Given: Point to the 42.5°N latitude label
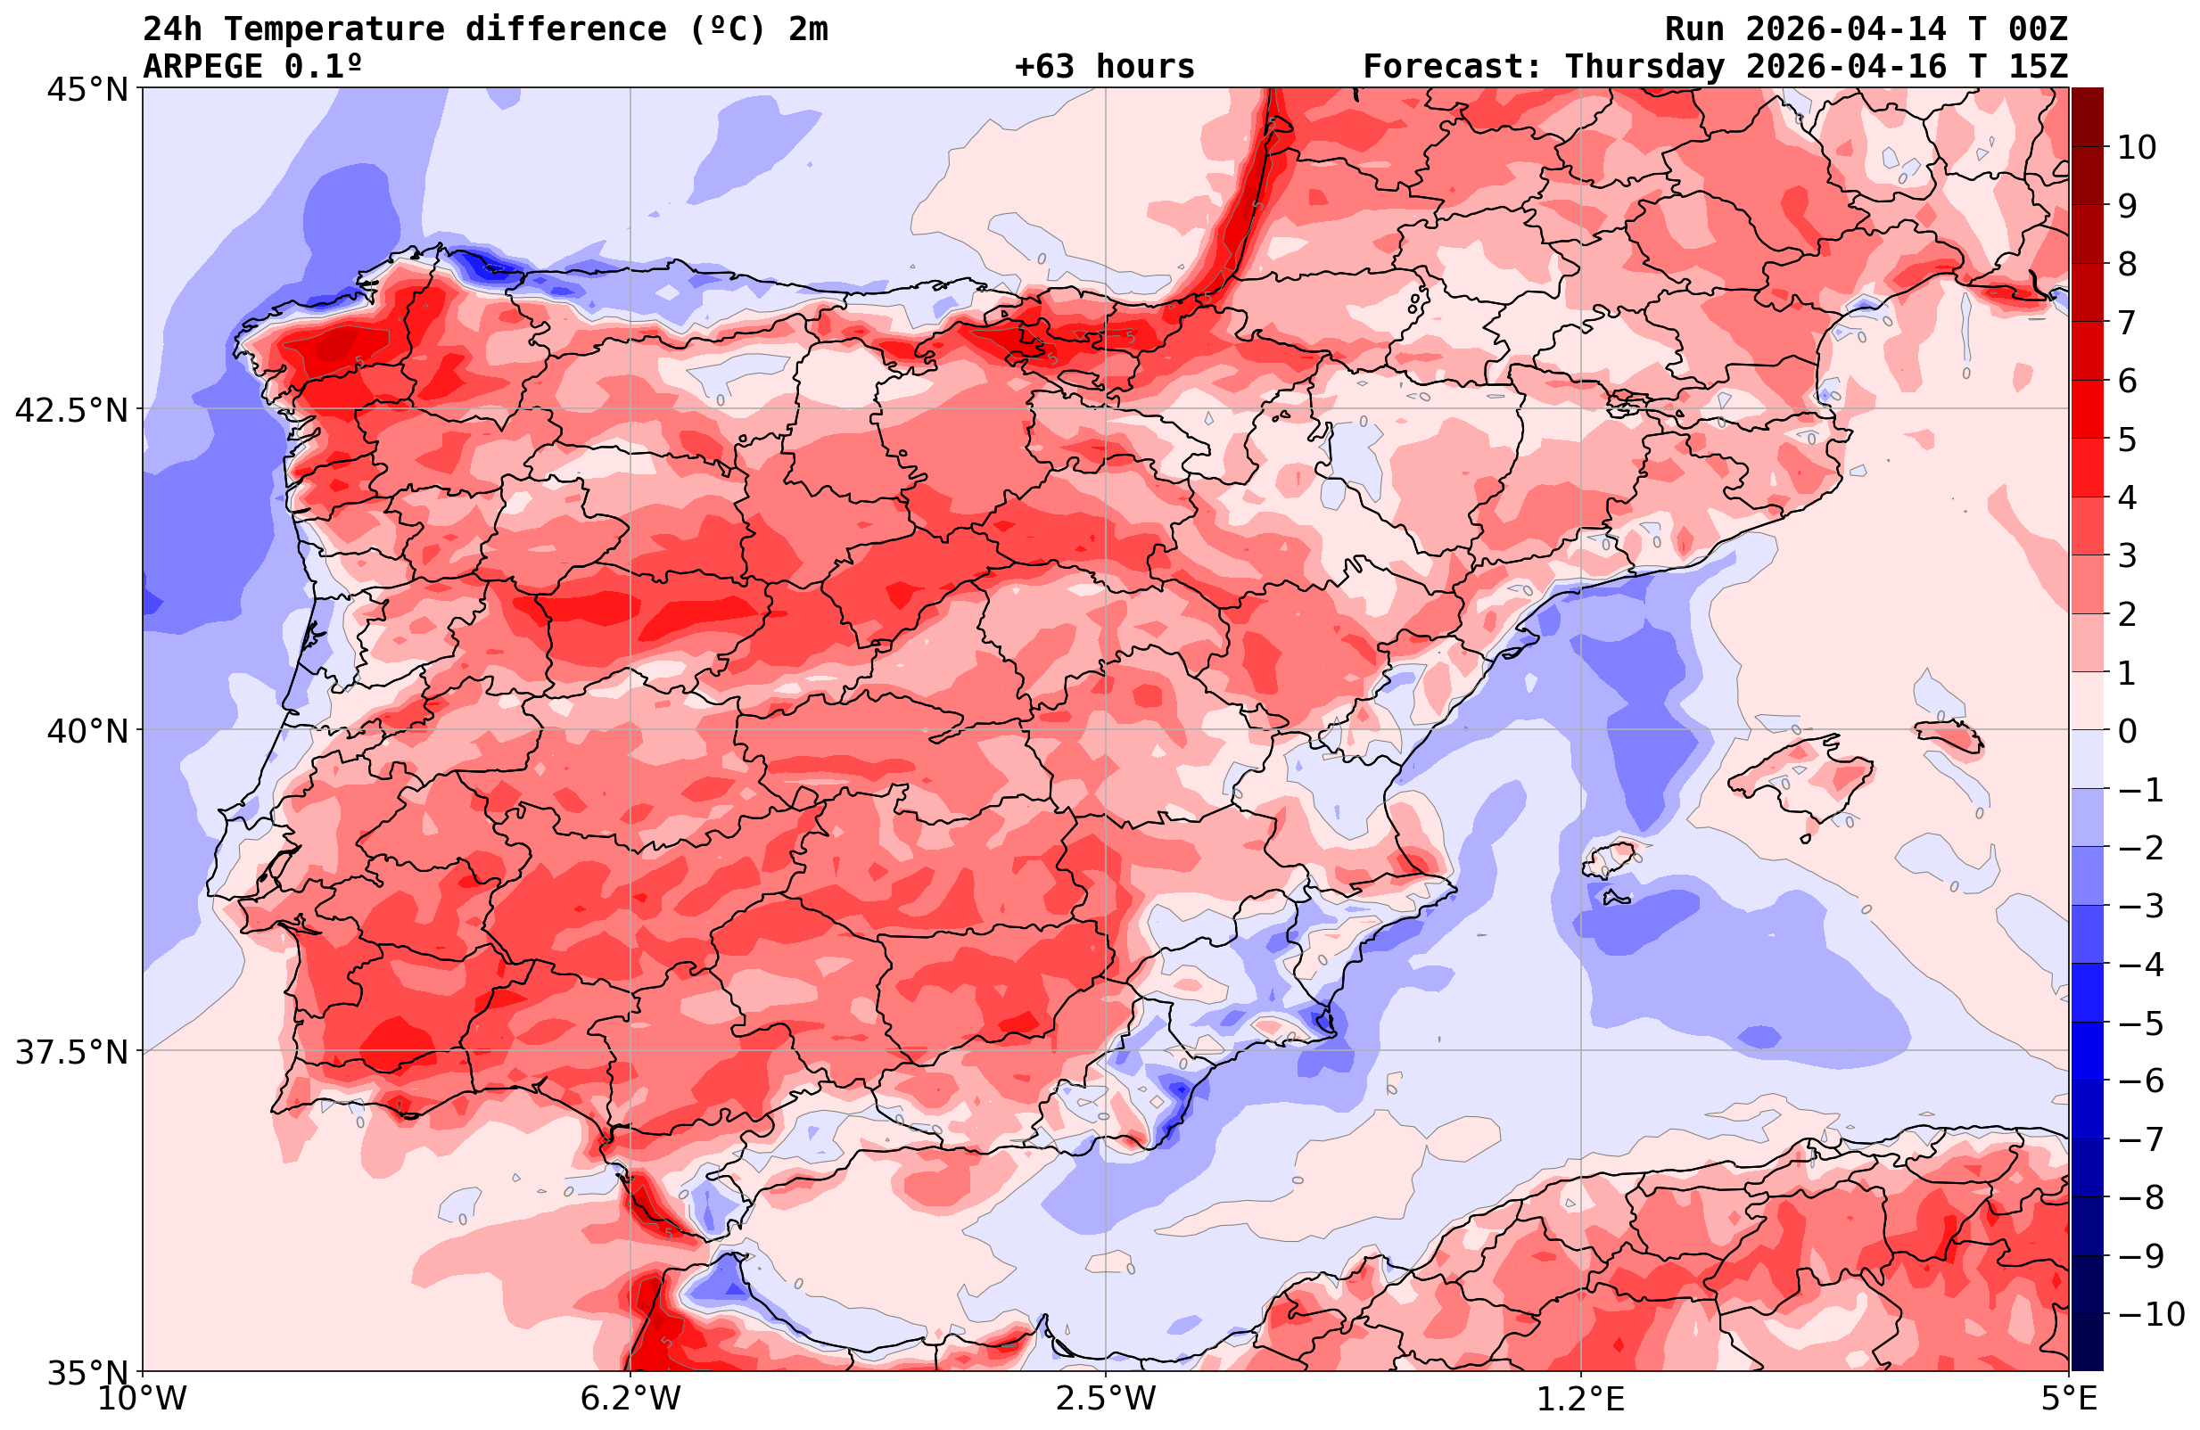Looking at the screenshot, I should point(71,410).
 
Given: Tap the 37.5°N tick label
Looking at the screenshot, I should point(71,1052).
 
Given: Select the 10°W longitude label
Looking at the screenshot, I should point(143,1399).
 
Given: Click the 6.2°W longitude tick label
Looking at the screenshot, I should point(630,1399).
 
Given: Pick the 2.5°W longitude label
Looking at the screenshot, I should point(1106,1399).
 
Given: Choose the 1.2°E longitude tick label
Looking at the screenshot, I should point(1581,1399).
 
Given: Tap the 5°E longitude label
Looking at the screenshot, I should point(2069,1399).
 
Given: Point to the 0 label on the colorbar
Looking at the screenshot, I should point(2127,731).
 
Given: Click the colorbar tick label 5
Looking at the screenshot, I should point(2127,440).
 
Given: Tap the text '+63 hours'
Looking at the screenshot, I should point(1105,67).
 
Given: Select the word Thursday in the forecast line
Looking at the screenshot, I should point(1644,67).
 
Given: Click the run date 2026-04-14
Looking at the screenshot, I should point(1846,29).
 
